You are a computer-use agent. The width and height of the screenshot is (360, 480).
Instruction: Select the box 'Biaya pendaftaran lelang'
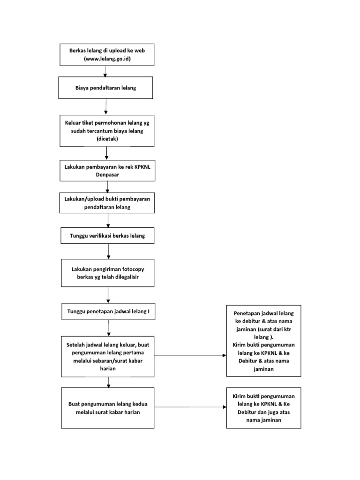tap(105, 88)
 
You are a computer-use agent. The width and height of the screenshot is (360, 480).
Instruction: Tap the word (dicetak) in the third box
tap(107, 139)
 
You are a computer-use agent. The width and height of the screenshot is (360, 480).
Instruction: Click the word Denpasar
tap(108, 174)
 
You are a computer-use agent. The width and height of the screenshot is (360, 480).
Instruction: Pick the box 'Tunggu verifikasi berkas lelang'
tap(109, 236)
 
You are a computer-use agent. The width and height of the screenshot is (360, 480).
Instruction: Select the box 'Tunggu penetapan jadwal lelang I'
tap(109, 311)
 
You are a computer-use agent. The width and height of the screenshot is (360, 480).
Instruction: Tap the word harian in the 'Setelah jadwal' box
tap(108, 368)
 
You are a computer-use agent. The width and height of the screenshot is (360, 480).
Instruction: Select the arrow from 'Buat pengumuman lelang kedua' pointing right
tap(190, 407)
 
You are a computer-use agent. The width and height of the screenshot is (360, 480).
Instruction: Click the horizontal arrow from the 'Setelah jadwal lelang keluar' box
tap(190, 355)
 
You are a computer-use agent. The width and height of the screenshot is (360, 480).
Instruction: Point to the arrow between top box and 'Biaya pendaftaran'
tap(105, 71)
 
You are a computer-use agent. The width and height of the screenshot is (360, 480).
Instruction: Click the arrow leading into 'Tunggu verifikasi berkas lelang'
tap(108, 220)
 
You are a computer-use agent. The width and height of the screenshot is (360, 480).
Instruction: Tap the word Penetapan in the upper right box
tap(249, 313)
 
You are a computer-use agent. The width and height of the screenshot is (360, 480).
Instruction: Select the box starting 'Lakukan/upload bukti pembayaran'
tap(107, 202)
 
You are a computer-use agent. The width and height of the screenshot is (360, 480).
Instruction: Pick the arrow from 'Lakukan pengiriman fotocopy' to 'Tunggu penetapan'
tap(108, 295)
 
